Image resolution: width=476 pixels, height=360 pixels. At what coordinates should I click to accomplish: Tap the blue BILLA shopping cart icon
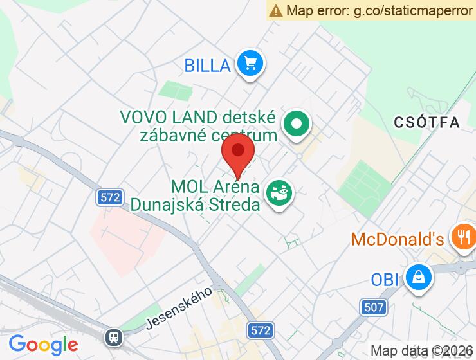tap(250, 64)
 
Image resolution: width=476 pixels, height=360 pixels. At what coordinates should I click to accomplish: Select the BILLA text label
tap(207, 65)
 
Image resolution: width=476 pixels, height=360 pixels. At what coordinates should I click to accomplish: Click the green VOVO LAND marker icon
tap(297, 123)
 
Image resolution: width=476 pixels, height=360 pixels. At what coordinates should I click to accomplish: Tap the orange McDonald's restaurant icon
tap(462, 236)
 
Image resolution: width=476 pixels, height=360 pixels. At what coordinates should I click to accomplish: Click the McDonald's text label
tap(397, 239)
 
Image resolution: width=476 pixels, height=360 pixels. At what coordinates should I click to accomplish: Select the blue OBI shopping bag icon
tap(418, 278)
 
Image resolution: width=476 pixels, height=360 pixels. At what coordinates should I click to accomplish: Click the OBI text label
tap(385, 280)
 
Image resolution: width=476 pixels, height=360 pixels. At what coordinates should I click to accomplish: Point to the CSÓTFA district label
tap(428, 122)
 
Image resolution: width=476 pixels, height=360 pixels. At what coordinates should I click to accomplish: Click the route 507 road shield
tap(373, 307)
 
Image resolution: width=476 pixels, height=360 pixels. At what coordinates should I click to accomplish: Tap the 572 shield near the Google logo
tap(261, 330)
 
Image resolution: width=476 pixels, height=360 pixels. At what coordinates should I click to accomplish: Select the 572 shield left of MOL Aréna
tap(111, 197)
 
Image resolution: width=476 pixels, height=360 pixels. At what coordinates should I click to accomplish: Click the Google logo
tap(43, 345)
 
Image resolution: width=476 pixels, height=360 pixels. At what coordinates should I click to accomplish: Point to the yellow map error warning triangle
tap(276, 10)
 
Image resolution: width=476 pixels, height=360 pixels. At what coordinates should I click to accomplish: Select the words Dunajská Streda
tap(196, 204)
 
